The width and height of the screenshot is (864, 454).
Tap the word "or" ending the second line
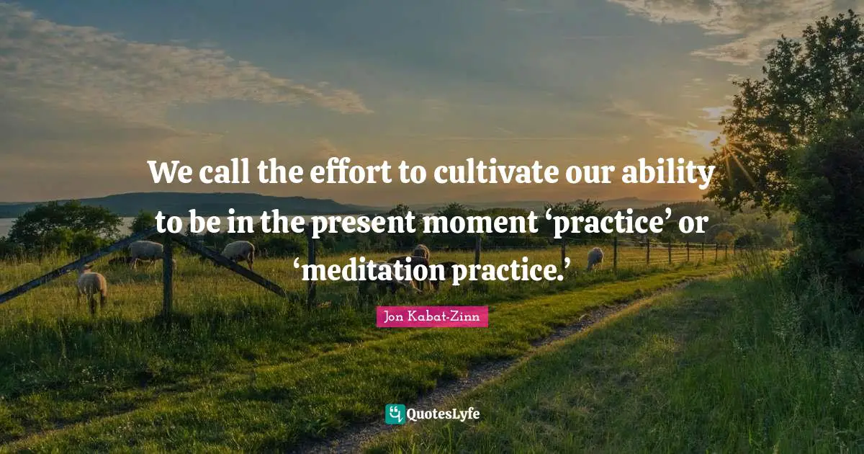(x=696, y=225)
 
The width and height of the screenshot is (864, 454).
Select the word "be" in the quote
(x=197, y=223)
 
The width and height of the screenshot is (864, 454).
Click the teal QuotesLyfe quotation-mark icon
(x=395, y=414)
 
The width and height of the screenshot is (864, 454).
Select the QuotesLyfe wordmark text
(x=444, y=414)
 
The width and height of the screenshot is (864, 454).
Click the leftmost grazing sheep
(x=91, y=285)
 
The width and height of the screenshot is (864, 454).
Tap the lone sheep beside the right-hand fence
(x=595, y=258)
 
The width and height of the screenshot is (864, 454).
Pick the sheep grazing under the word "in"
(x=238, y=252)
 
